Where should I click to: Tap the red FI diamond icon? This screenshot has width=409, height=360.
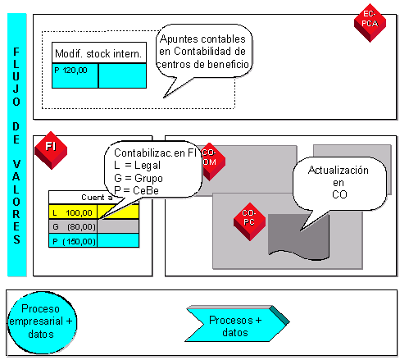[51, 147]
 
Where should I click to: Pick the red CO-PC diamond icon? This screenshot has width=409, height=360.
[248, 218]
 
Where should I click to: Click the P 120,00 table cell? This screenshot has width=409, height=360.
[75, 75]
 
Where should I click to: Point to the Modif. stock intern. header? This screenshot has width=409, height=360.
[98, 53]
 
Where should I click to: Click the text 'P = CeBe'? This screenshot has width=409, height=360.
[139, 190]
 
